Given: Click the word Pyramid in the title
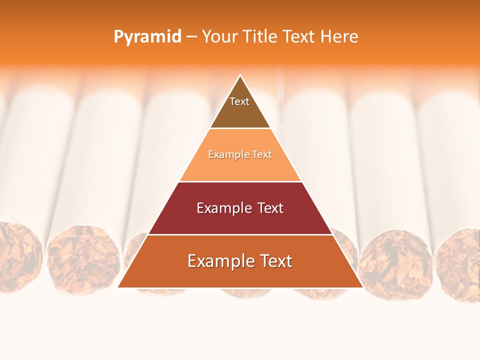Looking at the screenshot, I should pyautogui.click(x=147, y=37).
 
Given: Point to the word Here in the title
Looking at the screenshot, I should pyautogui.click(x=339, y=36).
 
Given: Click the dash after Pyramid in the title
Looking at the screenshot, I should pyautogui.click(x=191, y=37).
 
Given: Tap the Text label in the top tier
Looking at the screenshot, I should pyautogui.click(x=239, y=101).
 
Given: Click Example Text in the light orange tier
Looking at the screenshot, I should pyautogui.click(x=240, y=154).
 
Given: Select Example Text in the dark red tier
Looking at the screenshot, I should pyautogui.click(x=240, y=208).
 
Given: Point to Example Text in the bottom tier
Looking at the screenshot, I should pyautogui.click(x=240, y=261).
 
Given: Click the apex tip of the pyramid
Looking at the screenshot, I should pyautogui.click(x=240, y=76).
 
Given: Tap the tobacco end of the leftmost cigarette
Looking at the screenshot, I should pyautogui.click(x=17, y=255).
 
